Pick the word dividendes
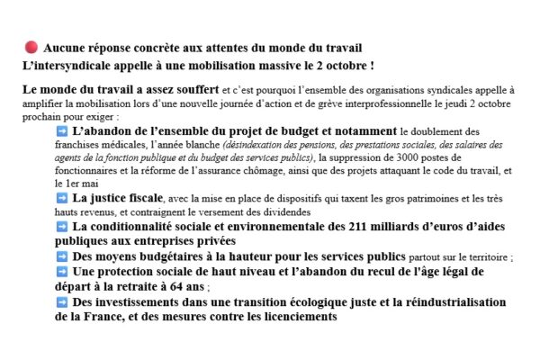[x=273, y=211]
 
